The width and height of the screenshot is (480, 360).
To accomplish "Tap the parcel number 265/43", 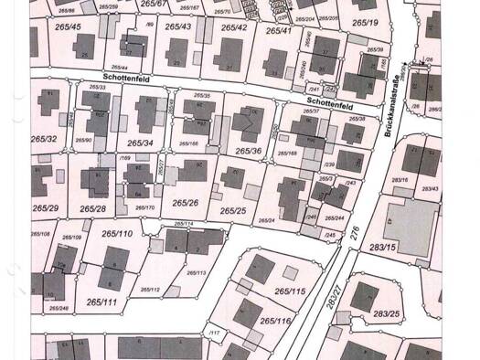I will pyautogui.click(x=178, y=26).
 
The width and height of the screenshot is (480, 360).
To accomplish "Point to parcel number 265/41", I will pyautogui.click(x=279, y=31).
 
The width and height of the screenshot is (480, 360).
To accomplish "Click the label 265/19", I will pyautogui.click(x=364, y=21).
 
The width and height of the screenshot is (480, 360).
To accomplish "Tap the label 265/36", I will pyautogui.click(x=249, y=151).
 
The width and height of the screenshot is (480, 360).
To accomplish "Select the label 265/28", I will pyautogui.click(x=93, y=209).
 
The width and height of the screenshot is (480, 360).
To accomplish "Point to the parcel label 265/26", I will pyautogui.click(x=185, y=202).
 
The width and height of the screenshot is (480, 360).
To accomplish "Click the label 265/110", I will pyautogui.click(x=117, y=234).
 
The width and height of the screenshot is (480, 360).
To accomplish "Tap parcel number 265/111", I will pyautogui.click(x=102, y=302).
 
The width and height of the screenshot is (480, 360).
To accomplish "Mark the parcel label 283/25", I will pyautogui.click(x=388, y=314).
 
